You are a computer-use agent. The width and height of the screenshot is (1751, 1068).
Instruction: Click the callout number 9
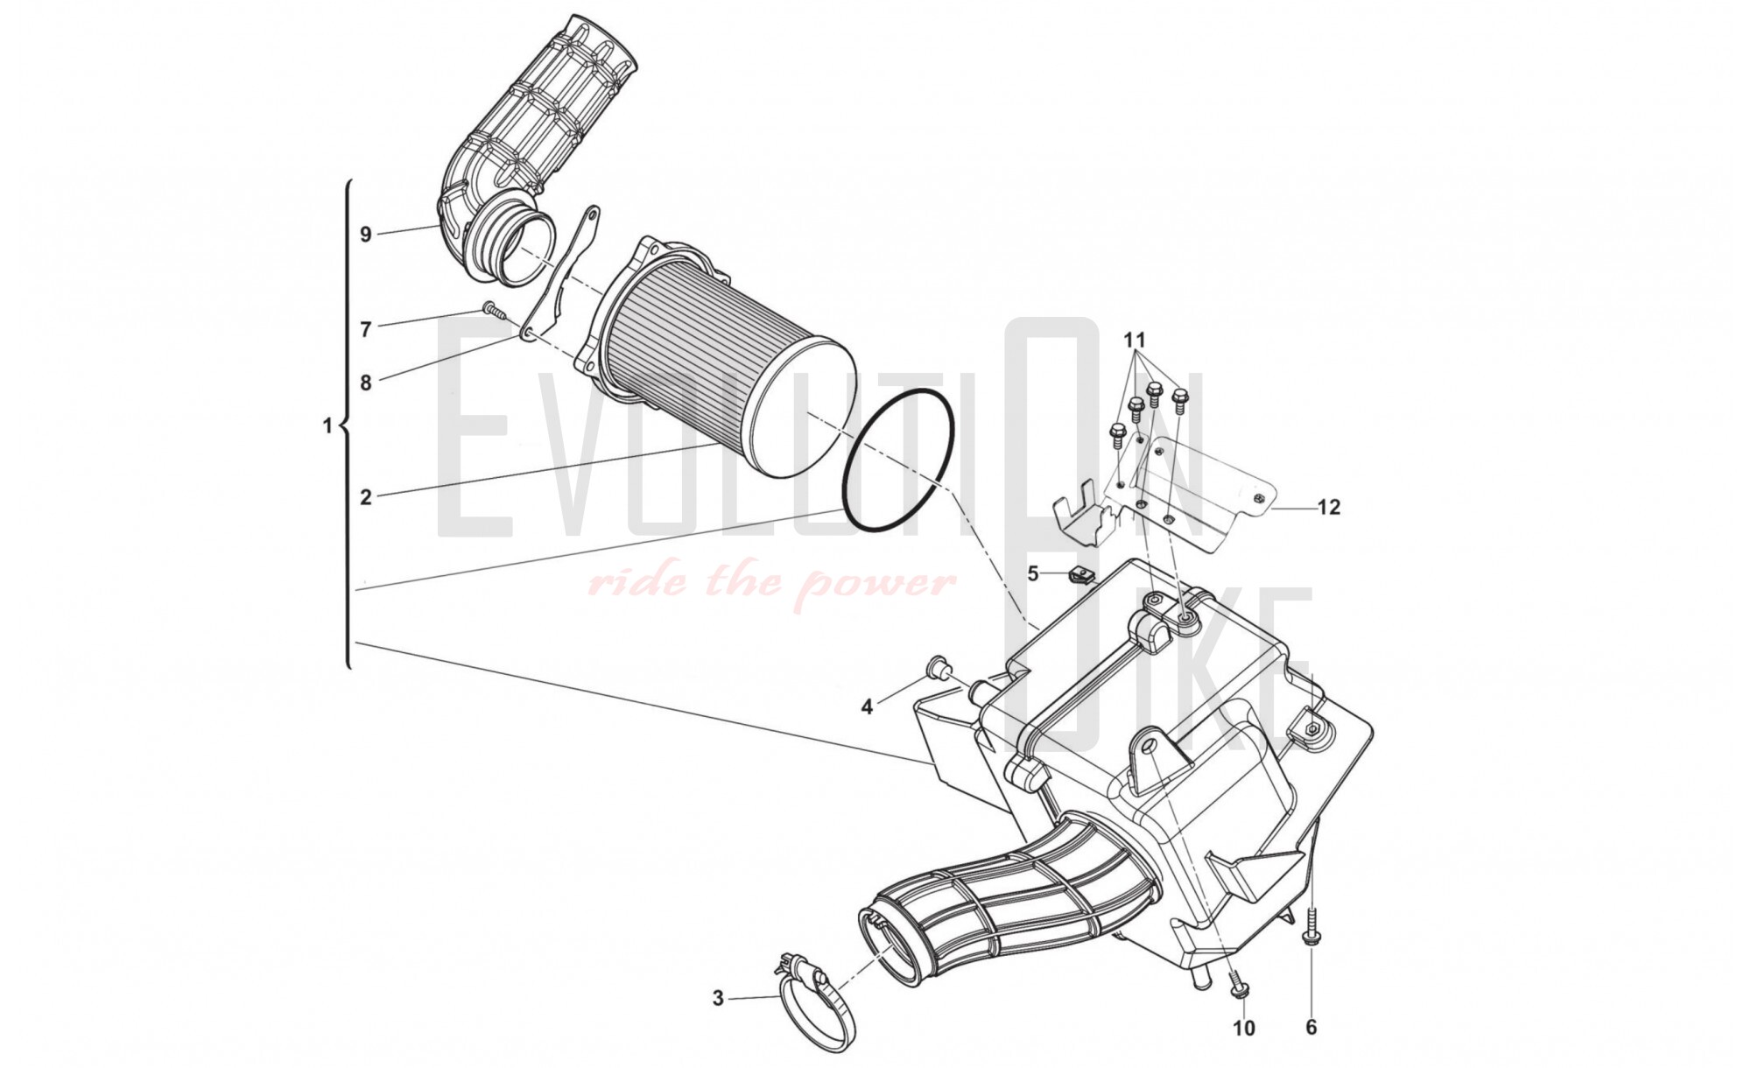[366, 234]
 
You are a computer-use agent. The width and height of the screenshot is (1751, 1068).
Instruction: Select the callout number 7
[366, 329]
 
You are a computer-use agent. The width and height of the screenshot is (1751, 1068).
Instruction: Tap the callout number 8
[366, 383]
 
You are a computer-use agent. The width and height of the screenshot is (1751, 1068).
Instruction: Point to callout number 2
[366, 497]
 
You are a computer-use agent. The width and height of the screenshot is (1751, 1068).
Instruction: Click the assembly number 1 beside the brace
[328, 426]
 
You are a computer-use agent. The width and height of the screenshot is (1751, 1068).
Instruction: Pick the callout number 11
[1135, 339]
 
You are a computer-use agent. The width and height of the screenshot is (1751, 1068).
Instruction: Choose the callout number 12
[1329, 507]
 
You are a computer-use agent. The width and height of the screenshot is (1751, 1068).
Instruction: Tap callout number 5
[1033, 574]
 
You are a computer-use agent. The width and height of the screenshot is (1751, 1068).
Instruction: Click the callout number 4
[867, 706]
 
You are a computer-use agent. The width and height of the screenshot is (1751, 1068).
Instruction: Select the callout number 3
[718, 998]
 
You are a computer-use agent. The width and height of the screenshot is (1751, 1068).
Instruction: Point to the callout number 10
[1244, 1028]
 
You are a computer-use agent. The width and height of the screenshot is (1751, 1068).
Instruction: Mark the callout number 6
[1311, 1027]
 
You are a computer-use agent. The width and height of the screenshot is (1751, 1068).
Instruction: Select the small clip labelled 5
[1080, 577]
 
